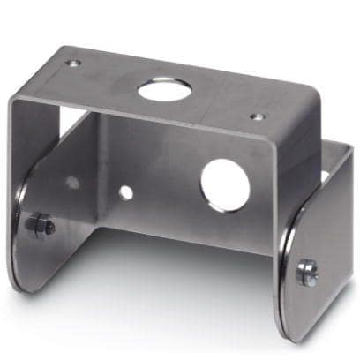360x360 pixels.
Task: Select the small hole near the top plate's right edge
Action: click(x=257, y=116)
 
